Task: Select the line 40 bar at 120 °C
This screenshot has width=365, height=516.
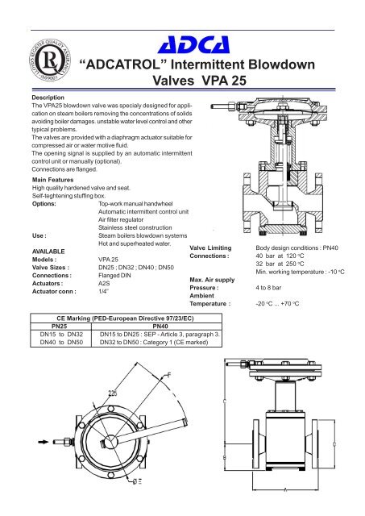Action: click(285, 256)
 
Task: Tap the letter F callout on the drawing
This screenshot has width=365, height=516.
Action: click(168, 377)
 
